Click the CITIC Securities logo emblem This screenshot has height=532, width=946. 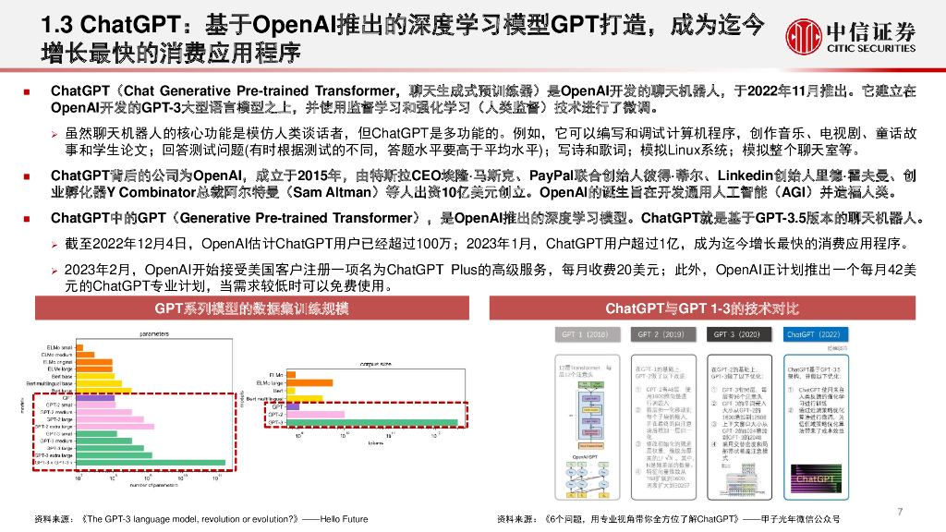(803, 34)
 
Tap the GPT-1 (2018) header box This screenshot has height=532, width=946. (585, 333)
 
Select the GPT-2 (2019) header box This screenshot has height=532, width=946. (661, 333)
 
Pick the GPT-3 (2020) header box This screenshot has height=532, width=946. (737, 333)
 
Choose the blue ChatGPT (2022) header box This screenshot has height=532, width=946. (813, 333)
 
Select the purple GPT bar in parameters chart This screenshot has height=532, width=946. (92, 398)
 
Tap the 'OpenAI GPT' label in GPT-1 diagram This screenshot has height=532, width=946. (586, 455)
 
